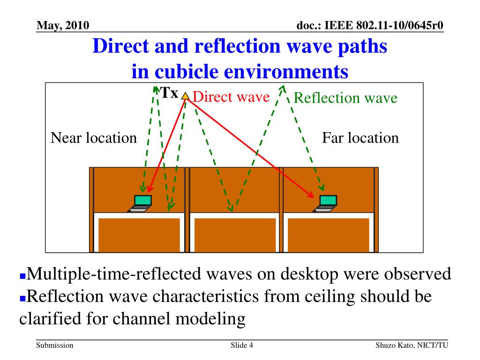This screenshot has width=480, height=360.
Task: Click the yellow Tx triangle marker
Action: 186,96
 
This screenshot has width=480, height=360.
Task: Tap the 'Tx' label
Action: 169,93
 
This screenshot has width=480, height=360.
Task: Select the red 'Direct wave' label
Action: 231,97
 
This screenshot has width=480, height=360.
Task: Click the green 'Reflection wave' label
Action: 345,98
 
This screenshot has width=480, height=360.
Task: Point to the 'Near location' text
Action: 94,138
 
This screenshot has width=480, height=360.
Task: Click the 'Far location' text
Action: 360,138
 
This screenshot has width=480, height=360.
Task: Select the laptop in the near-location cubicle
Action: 141,203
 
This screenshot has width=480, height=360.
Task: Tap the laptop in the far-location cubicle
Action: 327,203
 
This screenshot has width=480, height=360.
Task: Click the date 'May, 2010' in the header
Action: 63,25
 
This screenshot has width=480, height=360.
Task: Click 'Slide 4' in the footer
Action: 242,345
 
